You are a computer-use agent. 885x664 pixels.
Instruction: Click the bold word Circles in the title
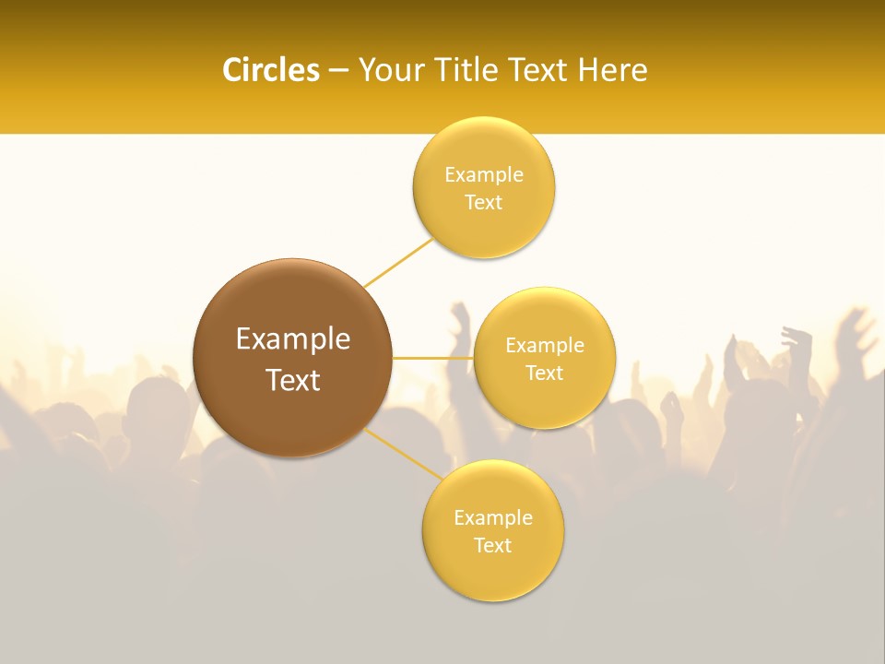pos(270,70)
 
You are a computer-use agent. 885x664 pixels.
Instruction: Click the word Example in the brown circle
pos(293,339)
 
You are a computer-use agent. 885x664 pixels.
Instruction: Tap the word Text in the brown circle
pos(293,380)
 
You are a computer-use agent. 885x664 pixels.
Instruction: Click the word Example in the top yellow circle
pos(484,174)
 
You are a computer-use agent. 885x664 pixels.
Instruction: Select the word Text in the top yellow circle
pos(483,202)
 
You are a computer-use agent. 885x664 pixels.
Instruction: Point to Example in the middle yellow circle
pos(545,346)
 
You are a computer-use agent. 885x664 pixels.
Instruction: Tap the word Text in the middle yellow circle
pos(544,373)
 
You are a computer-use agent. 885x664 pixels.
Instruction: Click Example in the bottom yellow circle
pos(493,517)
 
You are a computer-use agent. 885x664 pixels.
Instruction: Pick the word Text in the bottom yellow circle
pos(492,545)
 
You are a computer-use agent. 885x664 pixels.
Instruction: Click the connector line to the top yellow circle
pos(398,263)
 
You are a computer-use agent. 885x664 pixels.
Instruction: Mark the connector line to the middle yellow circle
pos(432,357)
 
